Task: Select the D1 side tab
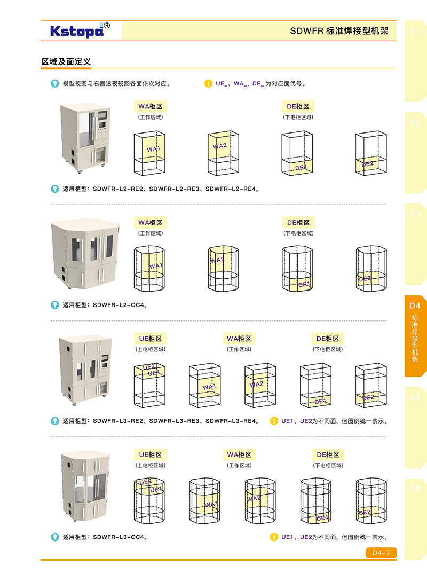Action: click(x=415, y=31)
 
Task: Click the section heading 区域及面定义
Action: click(x=66, y=62)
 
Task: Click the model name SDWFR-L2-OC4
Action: click(x=119, y=305)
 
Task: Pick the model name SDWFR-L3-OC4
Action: click(x=119, y=537)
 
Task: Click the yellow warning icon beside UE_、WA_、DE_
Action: click(x=208, y=83)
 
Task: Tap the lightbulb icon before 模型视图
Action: click(x=54, y=83)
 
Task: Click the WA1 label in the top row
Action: click(x=154, y=149)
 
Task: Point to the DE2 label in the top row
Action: click(x=368, y=164)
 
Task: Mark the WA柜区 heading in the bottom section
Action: click(x=239, y=454)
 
